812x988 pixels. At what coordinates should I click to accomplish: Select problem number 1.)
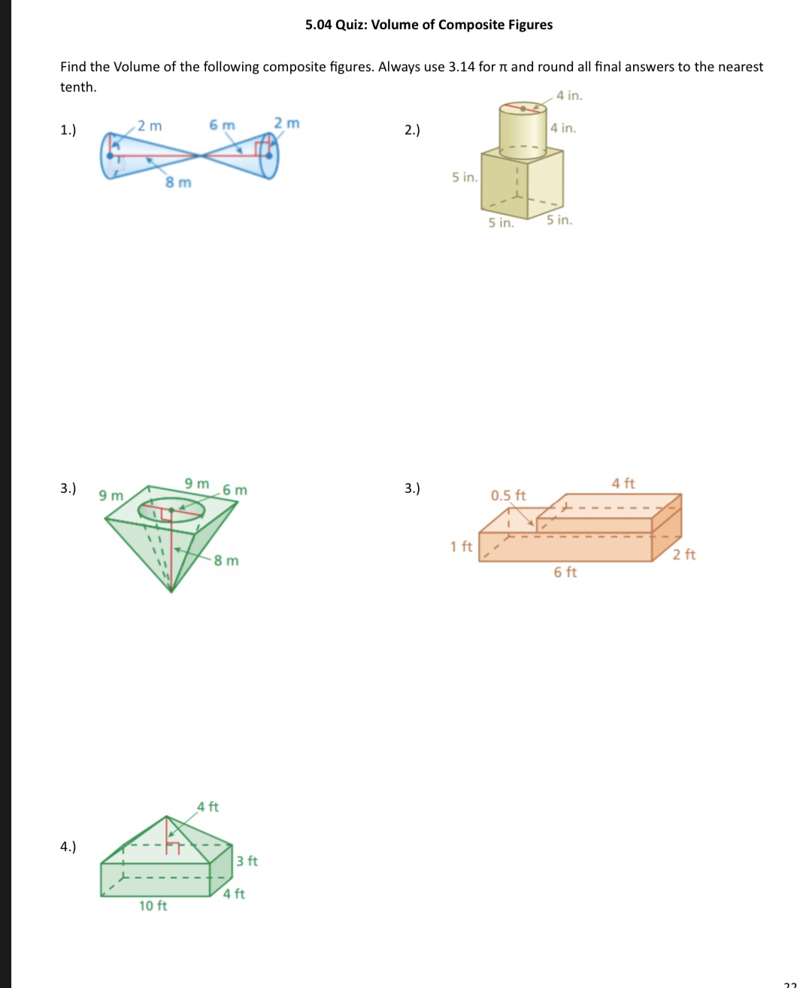pyautogui.click(x=68, y=130)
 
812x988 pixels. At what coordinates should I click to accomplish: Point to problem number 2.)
pyautogui.click(x=412, y=130)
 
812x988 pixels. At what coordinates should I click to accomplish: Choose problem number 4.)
pyautogui.click(x=68, y=847)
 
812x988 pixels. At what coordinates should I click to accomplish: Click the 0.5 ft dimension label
pyautogui.click(x=508, y=496)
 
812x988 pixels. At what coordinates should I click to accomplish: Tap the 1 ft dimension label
pyautogui.click(x=461, y=547)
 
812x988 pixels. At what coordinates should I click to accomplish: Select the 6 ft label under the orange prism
pyautogui.click(x=565, y=573)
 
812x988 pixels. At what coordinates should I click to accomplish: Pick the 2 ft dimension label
pyautogui.click(x=684, y=555)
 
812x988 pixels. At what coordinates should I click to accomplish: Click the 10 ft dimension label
pyautogui.click(x=153, y=906)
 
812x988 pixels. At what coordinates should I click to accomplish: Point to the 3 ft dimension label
pyautogui.click(x=247, y=861)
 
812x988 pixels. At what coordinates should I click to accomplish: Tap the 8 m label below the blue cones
pyautogui.click(x=178, y=183)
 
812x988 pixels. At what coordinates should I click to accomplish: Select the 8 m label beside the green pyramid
pyautogui.click(x=226, y=561)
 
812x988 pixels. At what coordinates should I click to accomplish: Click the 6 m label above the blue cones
pyautogui.click(x=222, y=125)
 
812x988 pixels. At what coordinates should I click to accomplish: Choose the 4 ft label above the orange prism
pyautogui.click(x=623, y=484)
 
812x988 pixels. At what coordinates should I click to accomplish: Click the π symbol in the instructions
pyautogui.click(x=504, y=68)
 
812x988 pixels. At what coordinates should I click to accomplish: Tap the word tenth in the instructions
pyautogui.click(x=77, y=87)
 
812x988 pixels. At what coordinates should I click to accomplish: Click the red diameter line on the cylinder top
pyautogui.click(x=523, y=107)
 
